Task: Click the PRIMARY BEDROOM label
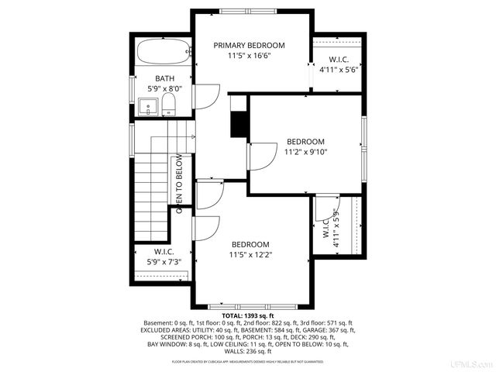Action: tap(249, 46)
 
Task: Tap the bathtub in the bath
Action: tap(164, 54)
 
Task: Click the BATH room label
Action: tap(164, 78)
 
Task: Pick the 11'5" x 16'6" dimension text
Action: tap(249, 57)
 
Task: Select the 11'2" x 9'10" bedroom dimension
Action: tap(305, 153)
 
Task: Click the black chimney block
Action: tap(238, 123)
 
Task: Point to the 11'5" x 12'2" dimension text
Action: tap(250, 254)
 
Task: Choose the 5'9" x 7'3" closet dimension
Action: tap(164, 263)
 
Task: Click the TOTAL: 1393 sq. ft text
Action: tap(248, 316)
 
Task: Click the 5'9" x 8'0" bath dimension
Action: tap(164, 89)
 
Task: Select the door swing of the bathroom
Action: tap(206, 96)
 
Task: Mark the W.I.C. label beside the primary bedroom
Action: tap(338, 59)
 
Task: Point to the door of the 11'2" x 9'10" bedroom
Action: tap(261, 158)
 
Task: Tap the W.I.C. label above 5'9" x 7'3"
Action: tap(164, 252)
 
